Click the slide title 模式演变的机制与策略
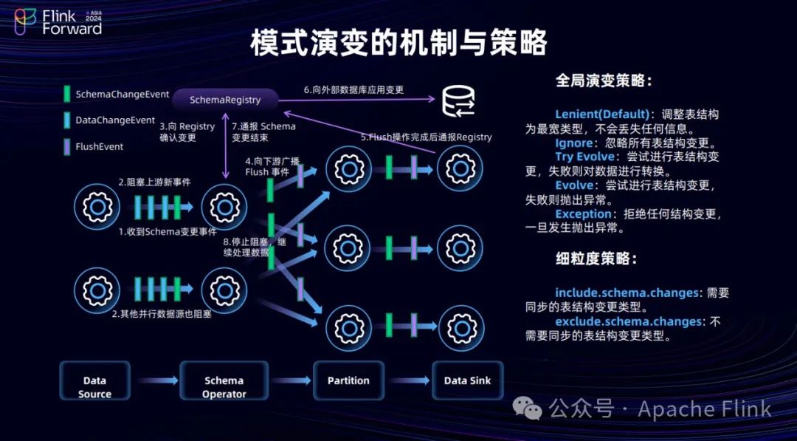398,44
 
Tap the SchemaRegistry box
225,100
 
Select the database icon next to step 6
458,101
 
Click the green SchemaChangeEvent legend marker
67,95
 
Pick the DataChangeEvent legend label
115,120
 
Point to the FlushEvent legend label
100,146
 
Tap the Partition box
348,380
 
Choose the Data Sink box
467,380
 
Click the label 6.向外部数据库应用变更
353,90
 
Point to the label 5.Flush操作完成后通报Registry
426,137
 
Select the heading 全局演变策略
604,81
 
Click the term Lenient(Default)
602,114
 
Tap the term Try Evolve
584,157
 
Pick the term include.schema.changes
627,293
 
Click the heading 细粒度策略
596,259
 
